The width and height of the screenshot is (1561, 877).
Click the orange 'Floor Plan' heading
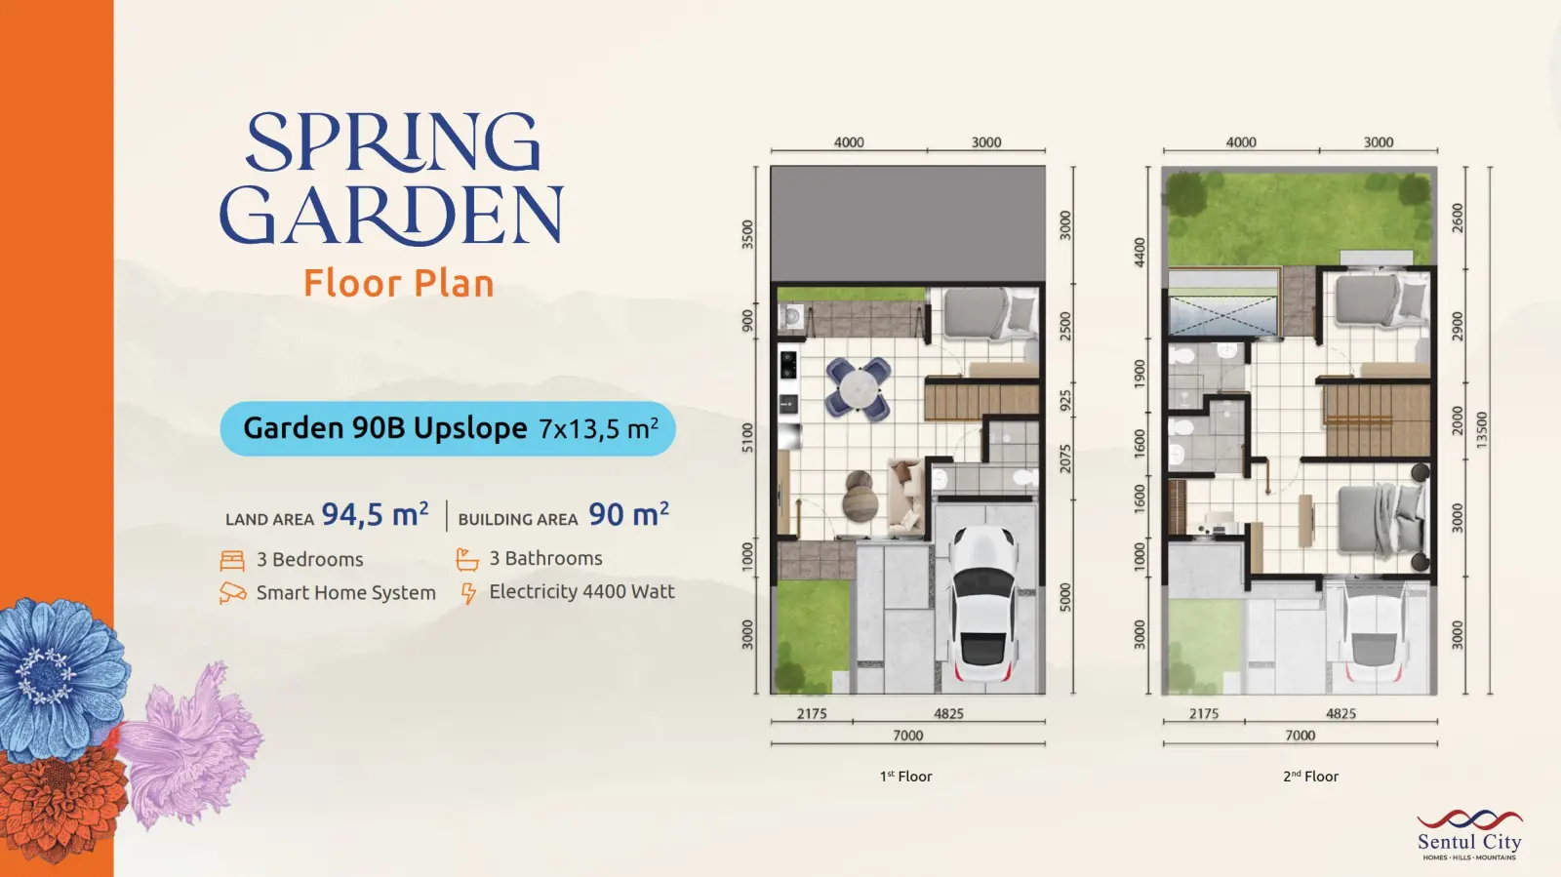[399, 283]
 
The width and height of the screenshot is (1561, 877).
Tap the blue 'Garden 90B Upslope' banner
[448, 428]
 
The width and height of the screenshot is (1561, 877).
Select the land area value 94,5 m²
[375, 515]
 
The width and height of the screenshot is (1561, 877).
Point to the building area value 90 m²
[628, 515]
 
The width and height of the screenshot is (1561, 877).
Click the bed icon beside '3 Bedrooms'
[232, 560]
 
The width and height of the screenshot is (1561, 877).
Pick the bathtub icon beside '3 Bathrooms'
[467, 559]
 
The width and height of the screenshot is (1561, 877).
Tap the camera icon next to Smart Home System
[233, 593]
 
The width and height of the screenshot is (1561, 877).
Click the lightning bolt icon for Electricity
[468, 593]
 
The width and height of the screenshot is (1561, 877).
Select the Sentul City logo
[1469, 835]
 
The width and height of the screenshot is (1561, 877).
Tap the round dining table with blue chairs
[858, 388]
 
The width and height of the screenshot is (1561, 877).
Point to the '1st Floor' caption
[905, 776]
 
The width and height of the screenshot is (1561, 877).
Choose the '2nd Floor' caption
[1311, 776]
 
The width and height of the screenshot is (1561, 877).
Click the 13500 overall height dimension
[1482, 430]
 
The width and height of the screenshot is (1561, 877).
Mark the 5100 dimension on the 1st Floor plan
[747, 437]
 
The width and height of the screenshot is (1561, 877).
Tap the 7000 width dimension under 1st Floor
[907, 736]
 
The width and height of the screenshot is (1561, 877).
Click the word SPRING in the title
[393, 142]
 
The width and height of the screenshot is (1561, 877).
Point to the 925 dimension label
[1065, 401]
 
